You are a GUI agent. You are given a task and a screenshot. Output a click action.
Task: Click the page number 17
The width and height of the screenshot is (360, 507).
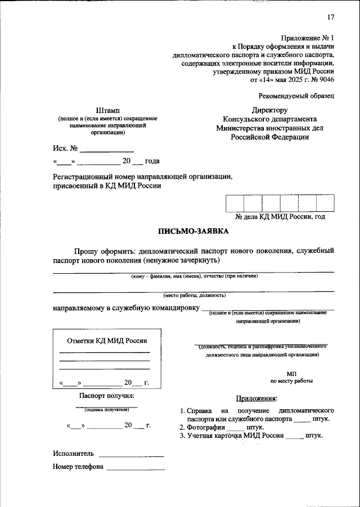point(330,16)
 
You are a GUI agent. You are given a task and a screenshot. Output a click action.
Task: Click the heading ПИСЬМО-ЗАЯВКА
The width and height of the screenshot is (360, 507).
point(193,231)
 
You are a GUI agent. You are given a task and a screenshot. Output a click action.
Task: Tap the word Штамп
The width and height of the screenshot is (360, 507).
point(107,110)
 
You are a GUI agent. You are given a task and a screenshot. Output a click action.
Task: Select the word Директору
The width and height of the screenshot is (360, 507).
point(269,110)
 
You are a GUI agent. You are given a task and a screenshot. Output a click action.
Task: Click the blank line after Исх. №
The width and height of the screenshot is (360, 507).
point(107,150)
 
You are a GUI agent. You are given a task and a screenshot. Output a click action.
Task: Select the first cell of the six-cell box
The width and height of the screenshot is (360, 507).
point(235,203)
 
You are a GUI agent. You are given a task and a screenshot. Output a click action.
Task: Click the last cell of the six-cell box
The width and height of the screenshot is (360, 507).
point(325,203)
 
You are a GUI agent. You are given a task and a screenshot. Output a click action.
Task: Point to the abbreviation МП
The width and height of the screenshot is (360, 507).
point(291,373)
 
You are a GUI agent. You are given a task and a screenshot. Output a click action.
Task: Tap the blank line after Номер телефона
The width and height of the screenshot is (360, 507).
point(136,467)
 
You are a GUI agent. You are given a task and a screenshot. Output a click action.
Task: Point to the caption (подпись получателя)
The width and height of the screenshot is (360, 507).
point(107,410)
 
